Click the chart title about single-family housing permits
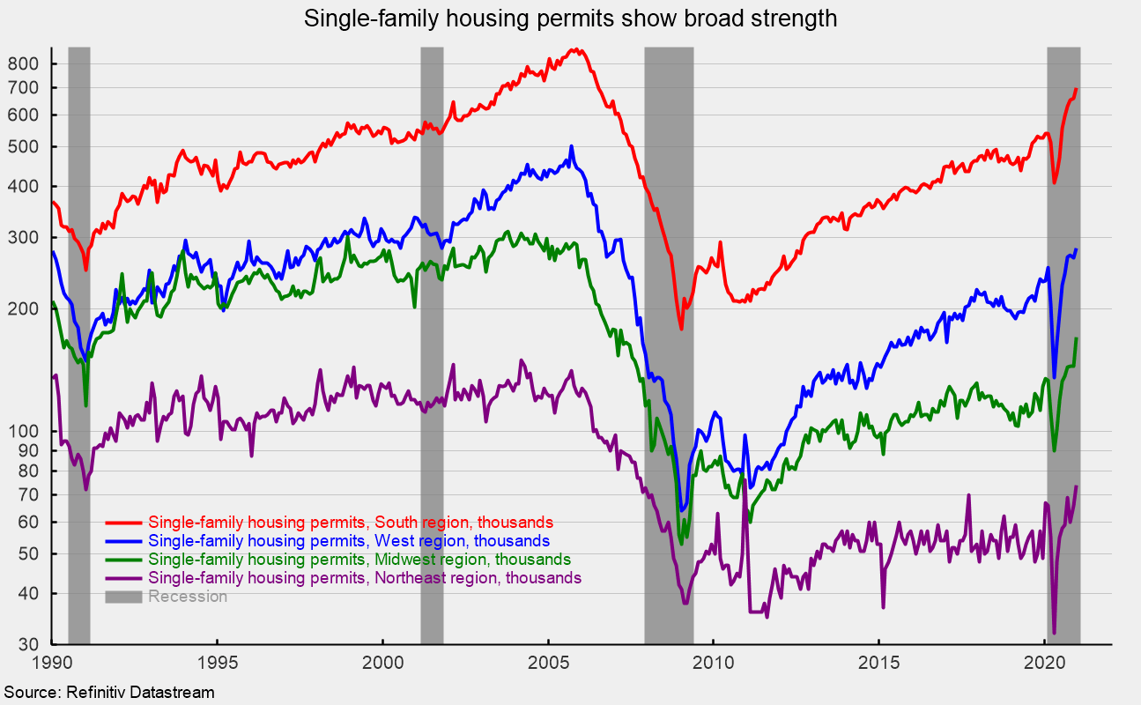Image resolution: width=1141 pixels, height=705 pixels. pos(570,19)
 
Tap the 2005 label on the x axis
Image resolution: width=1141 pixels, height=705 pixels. pos(548,662)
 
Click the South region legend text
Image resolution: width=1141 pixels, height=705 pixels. pos(351,522)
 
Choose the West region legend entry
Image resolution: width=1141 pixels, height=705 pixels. pos(349,540)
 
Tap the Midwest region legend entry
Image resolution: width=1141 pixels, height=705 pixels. pos(359,560)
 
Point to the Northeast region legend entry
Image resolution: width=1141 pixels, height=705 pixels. pos(365,578)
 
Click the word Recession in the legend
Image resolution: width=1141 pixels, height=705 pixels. pos(188,597)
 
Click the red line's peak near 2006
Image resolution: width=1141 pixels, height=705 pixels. pos(574,50)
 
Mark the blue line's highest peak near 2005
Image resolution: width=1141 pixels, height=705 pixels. pos(571,146)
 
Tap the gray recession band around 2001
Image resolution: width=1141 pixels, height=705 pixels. pos(432,352)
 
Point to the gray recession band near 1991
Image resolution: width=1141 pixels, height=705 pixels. pos(79,352)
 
